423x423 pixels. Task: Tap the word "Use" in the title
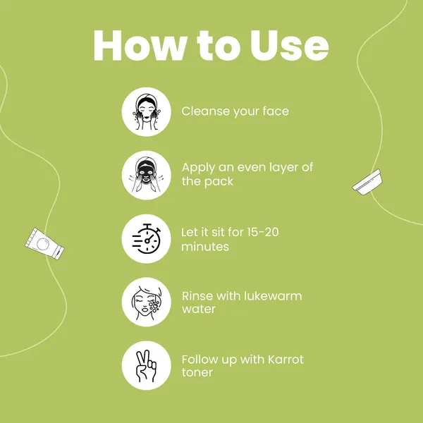(289, 45)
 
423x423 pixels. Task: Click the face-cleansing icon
(146, 111)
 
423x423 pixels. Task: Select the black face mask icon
(146, 175)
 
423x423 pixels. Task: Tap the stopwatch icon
(147, 239)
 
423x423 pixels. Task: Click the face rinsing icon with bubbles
(147, 302)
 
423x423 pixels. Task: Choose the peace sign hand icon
(146, 366)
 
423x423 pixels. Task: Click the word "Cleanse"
(205, 111)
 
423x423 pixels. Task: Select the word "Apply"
(198, 168)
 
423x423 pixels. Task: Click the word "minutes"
(205, 246)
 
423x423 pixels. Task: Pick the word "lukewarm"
(273, 296)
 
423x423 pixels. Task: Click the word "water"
(199, 309)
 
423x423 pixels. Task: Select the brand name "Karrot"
(286, 360)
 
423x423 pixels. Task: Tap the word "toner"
(197, 372)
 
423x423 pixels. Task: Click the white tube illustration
(44, 244)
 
